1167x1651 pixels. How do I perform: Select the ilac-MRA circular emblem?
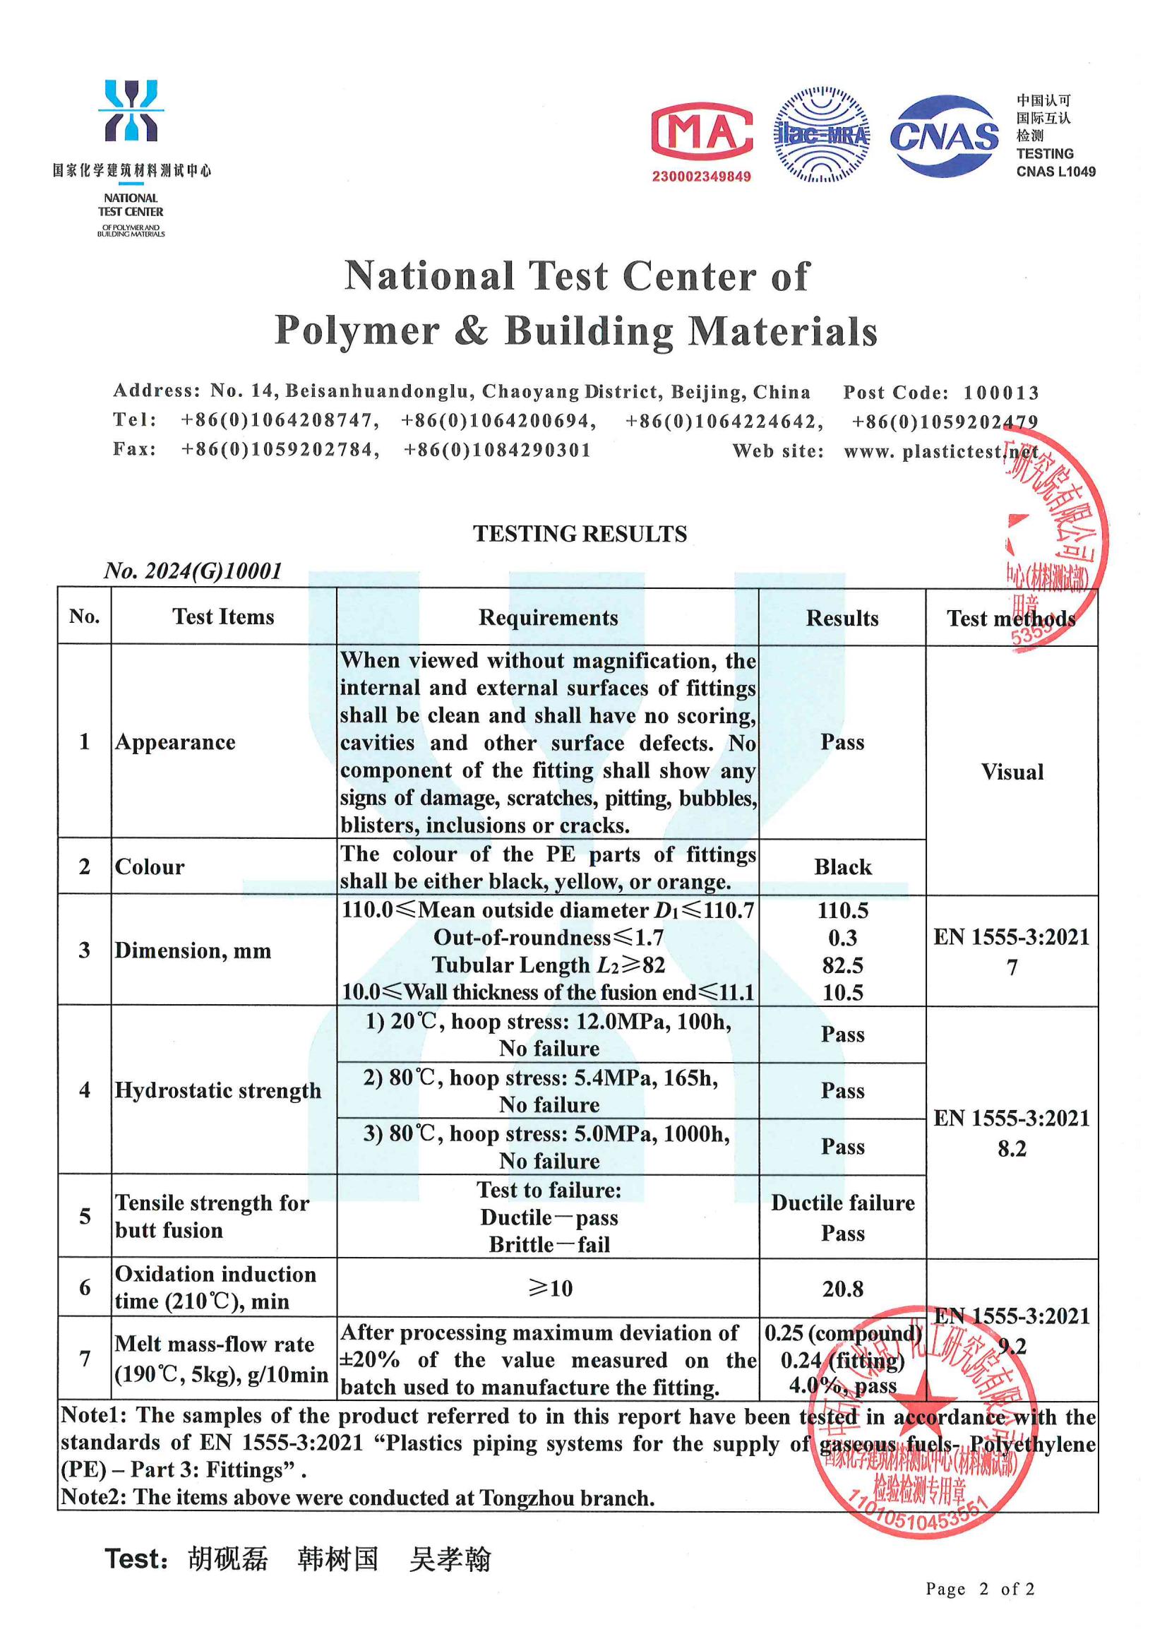coord(821,134)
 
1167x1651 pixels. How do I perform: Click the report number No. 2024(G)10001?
coord(193,571)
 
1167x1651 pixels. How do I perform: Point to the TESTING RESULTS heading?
coord(580,534)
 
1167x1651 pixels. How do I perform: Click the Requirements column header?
coord(548,618)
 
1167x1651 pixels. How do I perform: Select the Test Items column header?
coord(223,617)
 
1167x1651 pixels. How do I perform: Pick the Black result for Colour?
coord(842,867)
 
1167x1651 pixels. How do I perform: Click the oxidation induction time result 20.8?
coord(842,1289)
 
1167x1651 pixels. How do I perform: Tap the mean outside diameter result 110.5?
coord(842,911)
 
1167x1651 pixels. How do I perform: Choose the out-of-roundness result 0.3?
coord(842,938)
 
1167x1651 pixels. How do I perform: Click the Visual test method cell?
coord(1012,773)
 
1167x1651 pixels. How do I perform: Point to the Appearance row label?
coord(174,742)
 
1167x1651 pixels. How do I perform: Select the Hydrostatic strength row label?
coord(218,1091)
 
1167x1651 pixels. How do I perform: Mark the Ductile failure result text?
coord(843,1203)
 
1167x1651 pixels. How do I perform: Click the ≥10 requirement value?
coord(550,1289)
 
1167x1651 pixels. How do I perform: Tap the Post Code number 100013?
coord(1001,393)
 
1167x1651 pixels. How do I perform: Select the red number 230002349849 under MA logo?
coord(701,177)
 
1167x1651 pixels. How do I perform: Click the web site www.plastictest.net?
coord(940,451)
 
